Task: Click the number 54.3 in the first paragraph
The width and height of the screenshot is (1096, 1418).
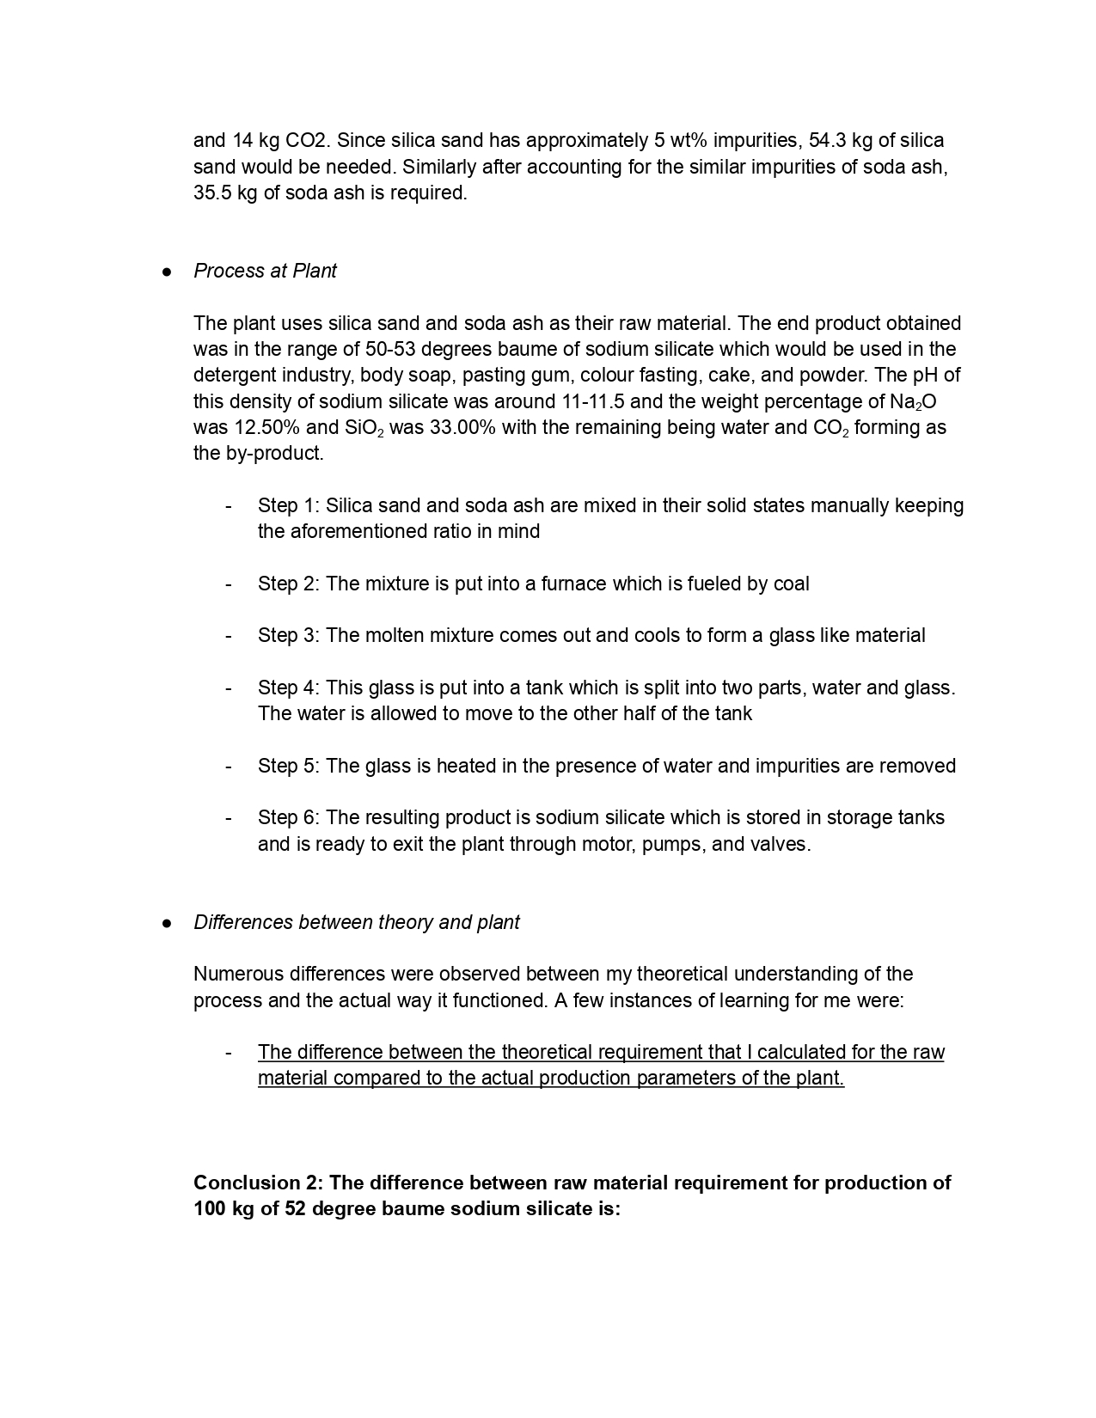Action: click(x=827, y=140)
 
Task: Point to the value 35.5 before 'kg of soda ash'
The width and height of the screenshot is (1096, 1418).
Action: click(x=211, y=193)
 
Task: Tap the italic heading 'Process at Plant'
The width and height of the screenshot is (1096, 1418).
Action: click(x=265, y=271)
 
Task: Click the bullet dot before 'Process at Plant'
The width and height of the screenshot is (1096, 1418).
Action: click(x=167, y=272)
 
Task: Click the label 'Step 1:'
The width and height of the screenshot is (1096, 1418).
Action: click(x=289, y=505)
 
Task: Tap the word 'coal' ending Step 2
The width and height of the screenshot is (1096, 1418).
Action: click(x=791, y=584)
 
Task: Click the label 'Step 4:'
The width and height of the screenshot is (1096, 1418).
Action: click(x=289, y=688)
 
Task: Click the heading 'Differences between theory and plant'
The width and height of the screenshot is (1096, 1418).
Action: click(x=356, y=922)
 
